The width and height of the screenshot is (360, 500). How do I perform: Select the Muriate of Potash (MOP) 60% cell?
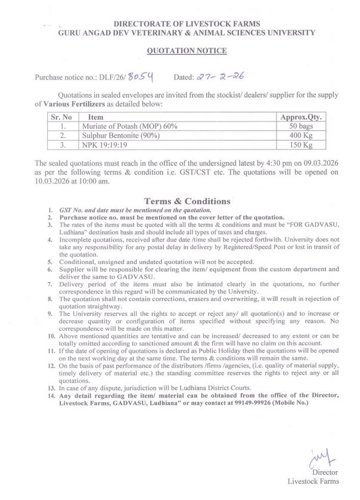pyautogui.click(x=122, y=127)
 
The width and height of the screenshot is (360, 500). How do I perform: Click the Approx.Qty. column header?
pyautogui.click(x=301, y=118)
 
